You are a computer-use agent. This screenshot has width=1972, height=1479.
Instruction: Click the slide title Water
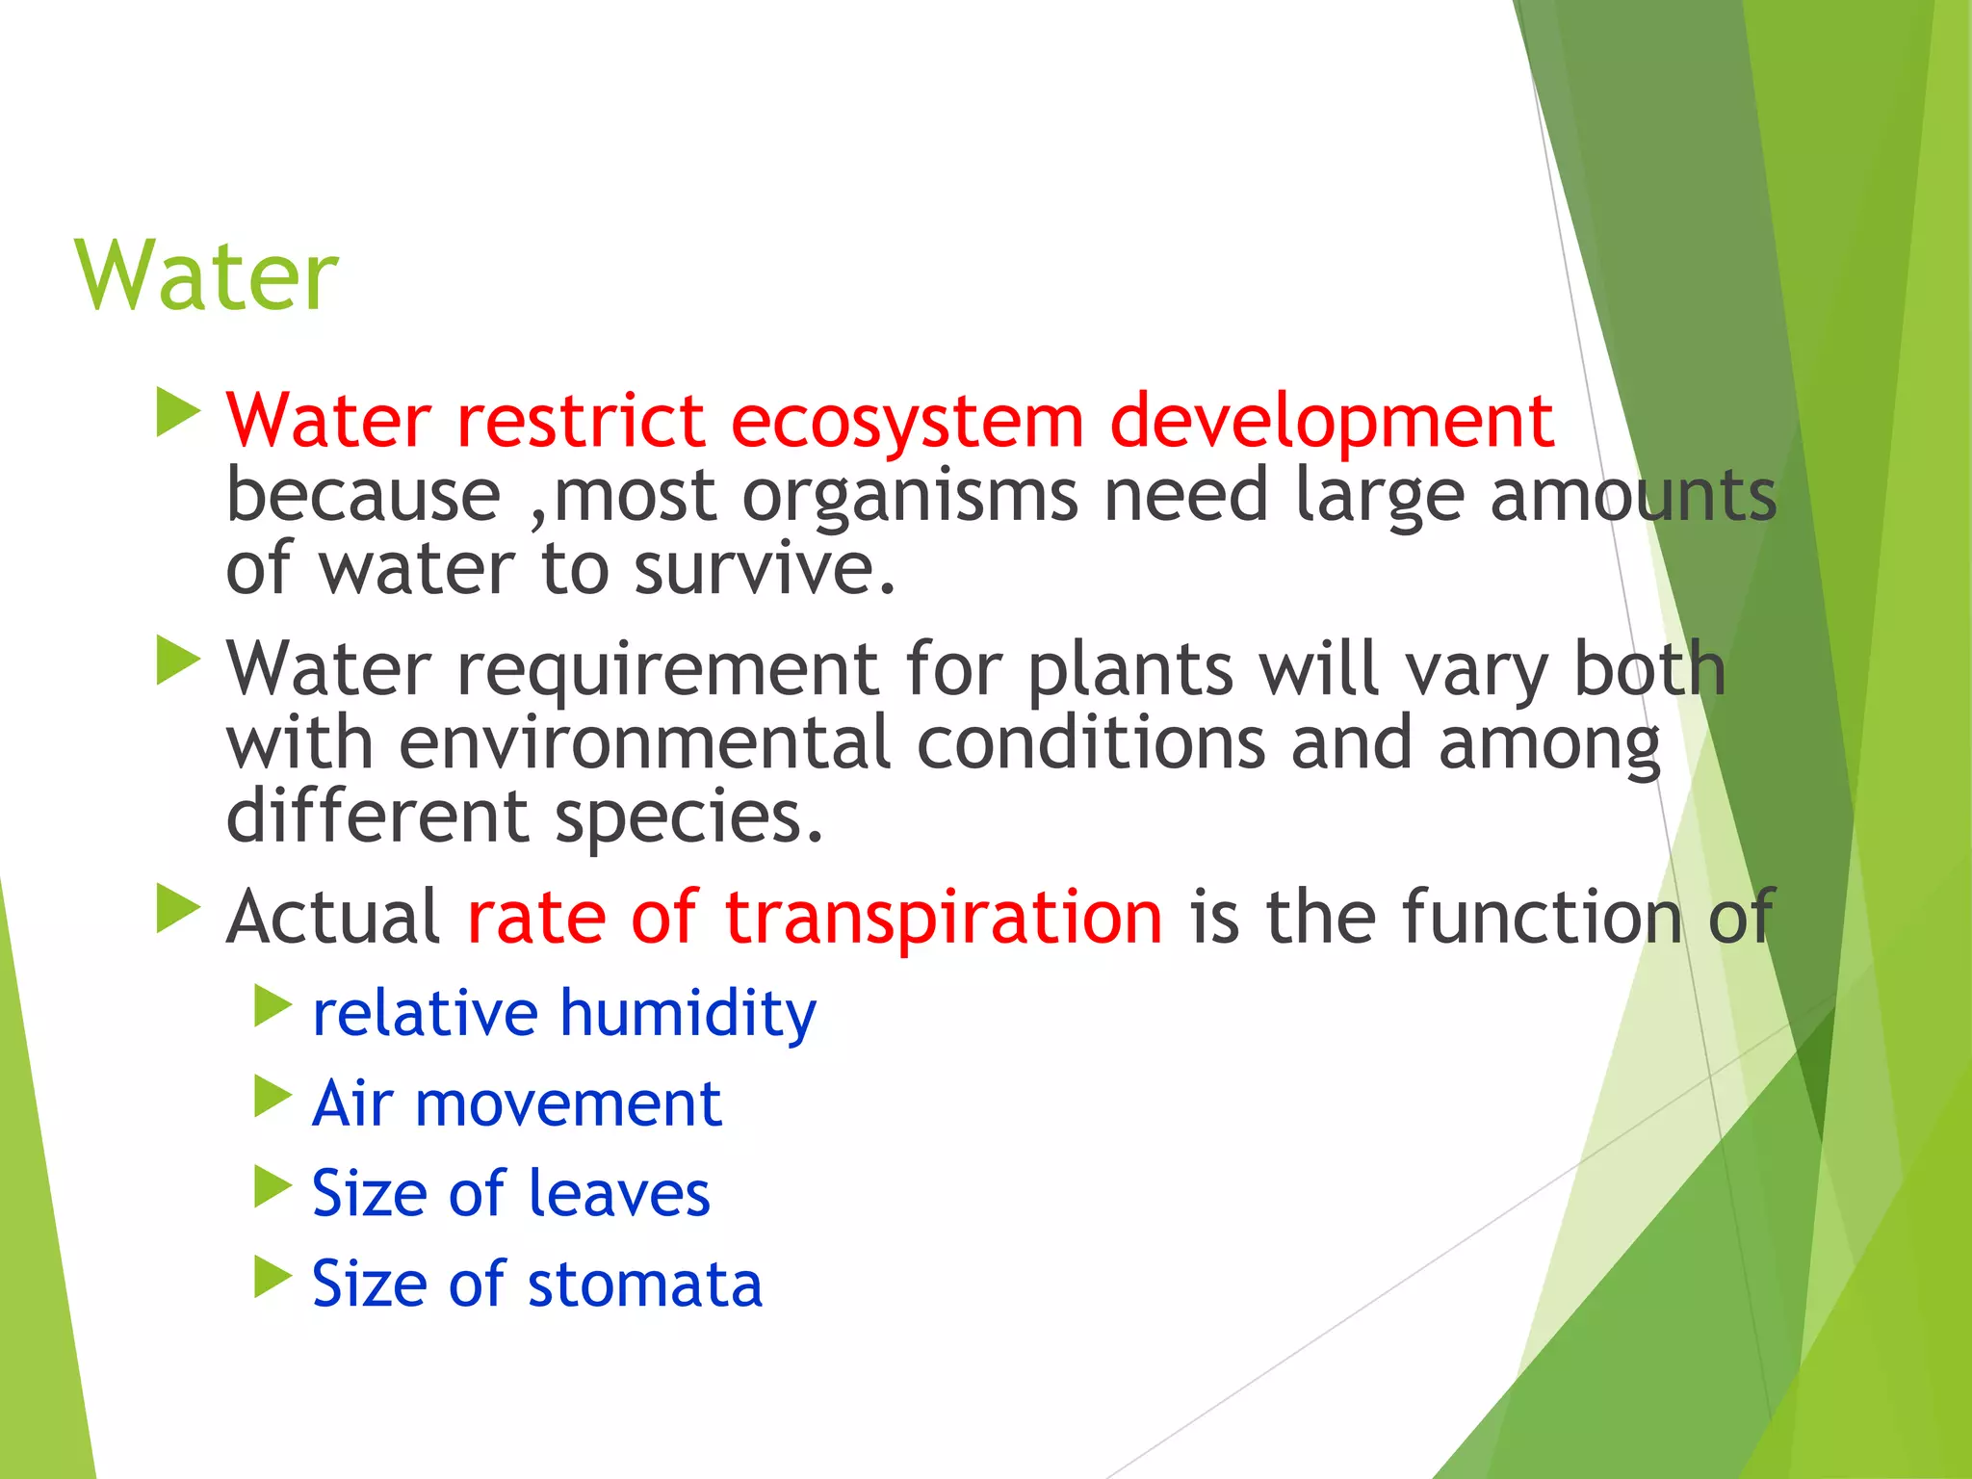point(206,276)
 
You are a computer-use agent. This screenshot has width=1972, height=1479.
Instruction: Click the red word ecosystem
point(907,422)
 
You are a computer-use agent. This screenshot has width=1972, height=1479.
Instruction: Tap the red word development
point(1332,422)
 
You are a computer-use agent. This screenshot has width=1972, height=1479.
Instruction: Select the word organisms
point(910,497)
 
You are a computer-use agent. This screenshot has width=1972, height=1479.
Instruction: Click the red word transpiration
point(943,917)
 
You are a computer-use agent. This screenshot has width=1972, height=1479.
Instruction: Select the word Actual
point(332,917)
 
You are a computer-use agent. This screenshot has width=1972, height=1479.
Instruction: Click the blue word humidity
point(688,1014)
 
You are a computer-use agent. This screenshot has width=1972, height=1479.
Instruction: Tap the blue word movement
point(568,1103)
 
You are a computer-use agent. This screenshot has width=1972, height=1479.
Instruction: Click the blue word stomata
point(644,1284)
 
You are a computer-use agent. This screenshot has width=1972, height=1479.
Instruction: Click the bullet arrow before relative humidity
point(272,1006)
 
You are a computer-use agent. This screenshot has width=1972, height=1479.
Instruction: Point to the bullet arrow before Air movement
point(272,1096)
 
